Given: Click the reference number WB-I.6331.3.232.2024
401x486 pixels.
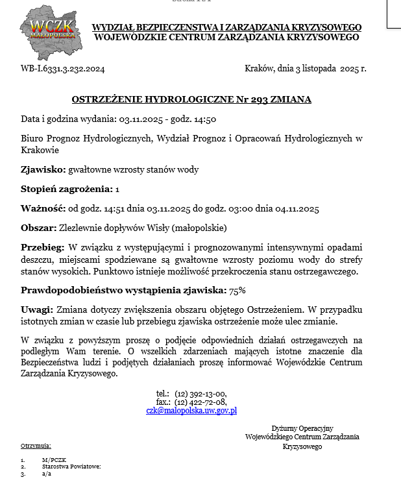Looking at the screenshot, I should pyautogui.click(x=63, y=69).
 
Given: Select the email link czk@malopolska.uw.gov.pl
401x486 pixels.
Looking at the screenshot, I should pyautogui.click(x=191, y=410).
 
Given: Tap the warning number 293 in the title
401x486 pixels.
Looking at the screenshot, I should pyautogui.click(x=251, y=100).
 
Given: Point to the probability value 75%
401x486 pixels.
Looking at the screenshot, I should pyautogui.click(x=237, y=290).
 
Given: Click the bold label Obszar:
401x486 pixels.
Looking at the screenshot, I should pyautogui.click(x=39, y=228).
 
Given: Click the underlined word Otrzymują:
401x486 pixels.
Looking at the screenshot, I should pyautogui.click(x=36, y=446).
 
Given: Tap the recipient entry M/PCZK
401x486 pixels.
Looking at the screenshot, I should pyautogui.click(x=55, y=460).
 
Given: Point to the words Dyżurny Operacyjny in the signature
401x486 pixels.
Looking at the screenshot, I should pyautogui.click(x=302, y=428).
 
